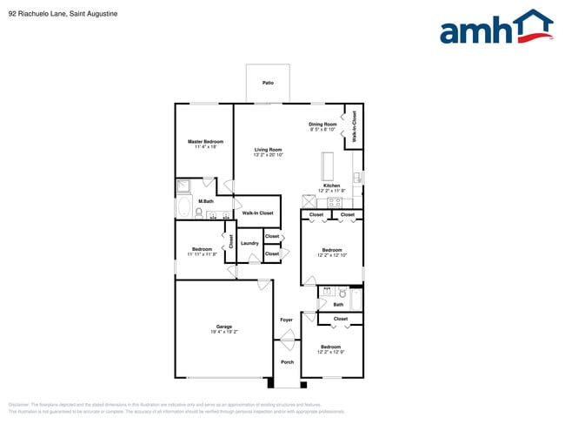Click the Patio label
268,84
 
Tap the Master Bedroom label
206,141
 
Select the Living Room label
268,149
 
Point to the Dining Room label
322,124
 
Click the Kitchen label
331,186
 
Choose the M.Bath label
206,201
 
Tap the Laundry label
249,243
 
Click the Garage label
223,327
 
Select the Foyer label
286,320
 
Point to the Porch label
287,361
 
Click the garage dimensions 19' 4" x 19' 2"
223,332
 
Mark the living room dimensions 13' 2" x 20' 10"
268,154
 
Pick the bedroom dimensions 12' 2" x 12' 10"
331,255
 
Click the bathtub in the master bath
184,207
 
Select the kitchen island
329,165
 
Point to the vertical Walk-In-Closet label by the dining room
354,126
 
